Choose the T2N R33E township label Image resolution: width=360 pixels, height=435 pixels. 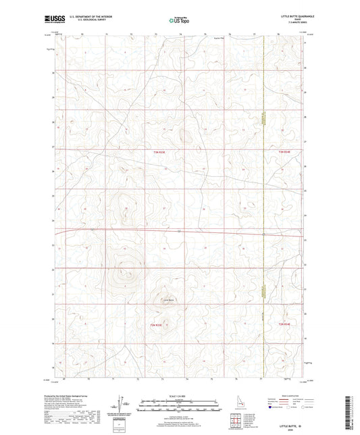157,326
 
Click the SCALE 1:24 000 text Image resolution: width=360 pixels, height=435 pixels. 179,395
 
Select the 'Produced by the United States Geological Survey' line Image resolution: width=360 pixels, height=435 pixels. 76,396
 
